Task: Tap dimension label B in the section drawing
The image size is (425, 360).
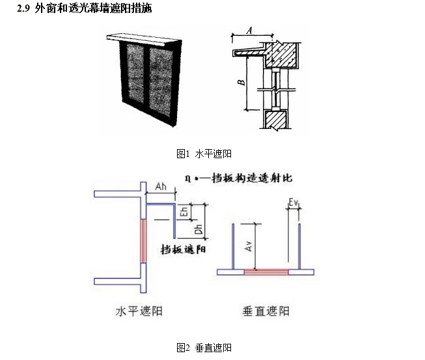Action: (240, 83)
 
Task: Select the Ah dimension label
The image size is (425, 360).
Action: (162, 187)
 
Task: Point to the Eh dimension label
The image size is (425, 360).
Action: (184, 212)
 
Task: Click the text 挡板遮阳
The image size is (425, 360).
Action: (184, 249)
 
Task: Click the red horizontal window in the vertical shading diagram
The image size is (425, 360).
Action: (266, 272)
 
